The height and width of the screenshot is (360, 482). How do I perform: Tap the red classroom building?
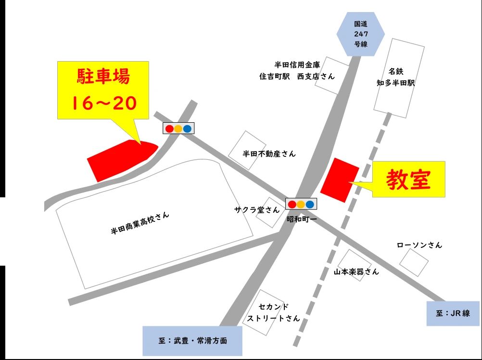click(x=340, y=180)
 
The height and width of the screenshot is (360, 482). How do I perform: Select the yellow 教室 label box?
click(x=408, y=180)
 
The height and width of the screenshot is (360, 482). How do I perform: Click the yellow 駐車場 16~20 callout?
click(x=103, y=90)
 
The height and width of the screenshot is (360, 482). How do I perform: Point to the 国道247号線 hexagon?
click(x=360, y=33)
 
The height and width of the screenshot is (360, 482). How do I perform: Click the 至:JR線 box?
click(x=453, y=313)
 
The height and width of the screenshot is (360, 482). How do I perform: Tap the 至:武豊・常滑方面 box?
click(x=192, y=340)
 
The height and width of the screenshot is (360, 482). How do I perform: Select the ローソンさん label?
click(x=419, y=245)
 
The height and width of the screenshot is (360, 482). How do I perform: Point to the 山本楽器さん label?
click(x=356, y=271)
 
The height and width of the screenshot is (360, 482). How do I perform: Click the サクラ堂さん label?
click(x=256, y=210)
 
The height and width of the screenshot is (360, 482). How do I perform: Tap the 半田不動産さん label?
click(x=269, y=154)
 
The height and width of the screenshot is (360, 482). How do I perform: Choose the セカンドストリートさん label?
click(x=273, y=312)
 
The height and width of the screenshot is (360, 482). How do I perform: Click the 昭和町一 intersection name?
click(x=301, y=219)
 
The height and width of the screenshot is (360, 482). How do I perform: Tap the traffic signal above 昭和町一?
click(x=301, y=204)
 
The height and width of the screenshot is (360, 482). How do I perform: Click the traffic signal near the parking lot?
click(x=178, y=129)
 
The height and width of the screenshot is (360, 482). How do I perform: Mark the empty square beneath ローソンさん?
click(x=414, y=262)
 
